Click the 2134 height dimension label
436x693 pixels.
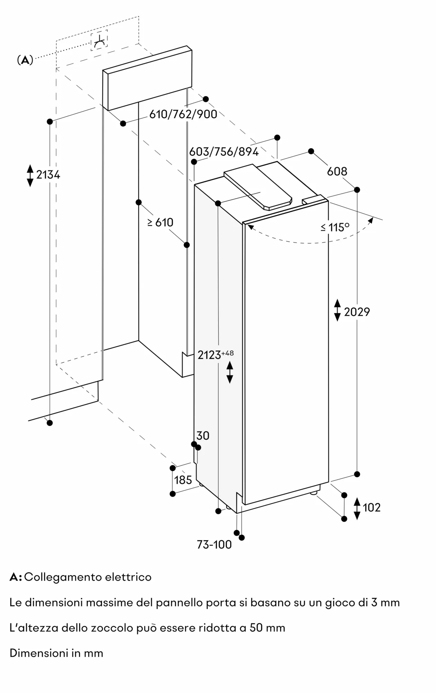point(48,175)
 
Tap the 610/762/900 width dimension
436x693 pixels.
point(183,114)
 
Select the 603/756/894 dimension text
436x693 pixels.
point(224,151)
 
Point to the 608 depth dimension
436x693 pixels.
point(337,171)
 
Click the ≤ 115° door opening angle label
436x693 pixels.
point(335,227)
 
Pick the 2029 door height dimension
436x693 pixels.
point(357,312)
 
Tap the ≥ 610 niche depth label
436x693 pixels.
point(160,222)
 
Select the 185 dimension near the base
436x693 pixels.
point(183,480)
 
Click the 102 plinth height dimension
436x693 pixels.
point(372,507)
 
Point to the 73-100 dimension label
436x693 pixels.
point(214,545)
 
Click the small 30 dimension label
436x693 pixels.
point(203,436)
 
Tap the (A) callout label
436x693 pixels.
point(25,60)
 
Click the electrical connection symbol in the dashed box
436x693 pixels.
point(99,41)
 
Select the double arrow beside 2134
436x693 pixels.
point(30,175)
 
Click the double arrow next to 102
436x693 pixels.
point(357,508)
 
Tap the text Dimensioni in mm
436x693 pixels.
point(56,653)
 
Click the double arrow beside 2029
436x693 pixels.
point(337,310)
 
